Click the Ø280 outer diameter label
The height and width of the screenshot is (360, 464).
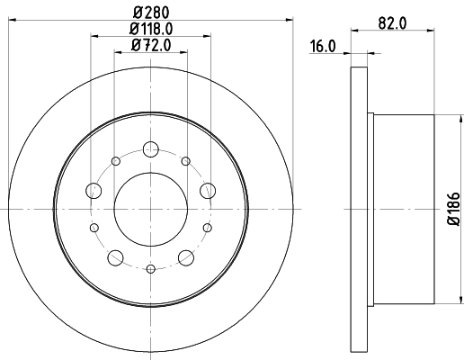point(151,13)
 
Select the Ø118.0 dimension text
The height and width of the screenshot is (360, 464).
point(151,30)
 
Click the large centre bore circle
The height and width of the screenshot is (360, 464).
point(151,208)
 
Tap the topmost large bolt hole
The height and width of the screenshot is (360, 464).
point(151,149)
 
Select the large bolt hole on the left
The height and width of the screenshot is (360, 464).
point(94,190)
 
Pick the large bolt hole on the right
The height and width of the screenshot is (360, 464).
point(208,190)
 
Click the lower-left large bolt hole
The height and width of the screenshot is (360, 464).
point(115,258)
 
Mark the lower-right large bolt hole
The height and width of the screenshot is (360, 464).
point(187,258)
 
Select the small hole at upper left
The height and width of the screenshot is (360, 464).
point(117,161)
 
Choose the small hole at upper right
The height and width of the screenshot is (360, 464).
point(185,161)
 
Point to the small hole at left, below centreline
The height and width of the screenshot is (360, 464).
point(94,227)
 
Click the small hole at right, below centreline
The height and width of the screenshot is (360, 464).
point(208,227)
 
